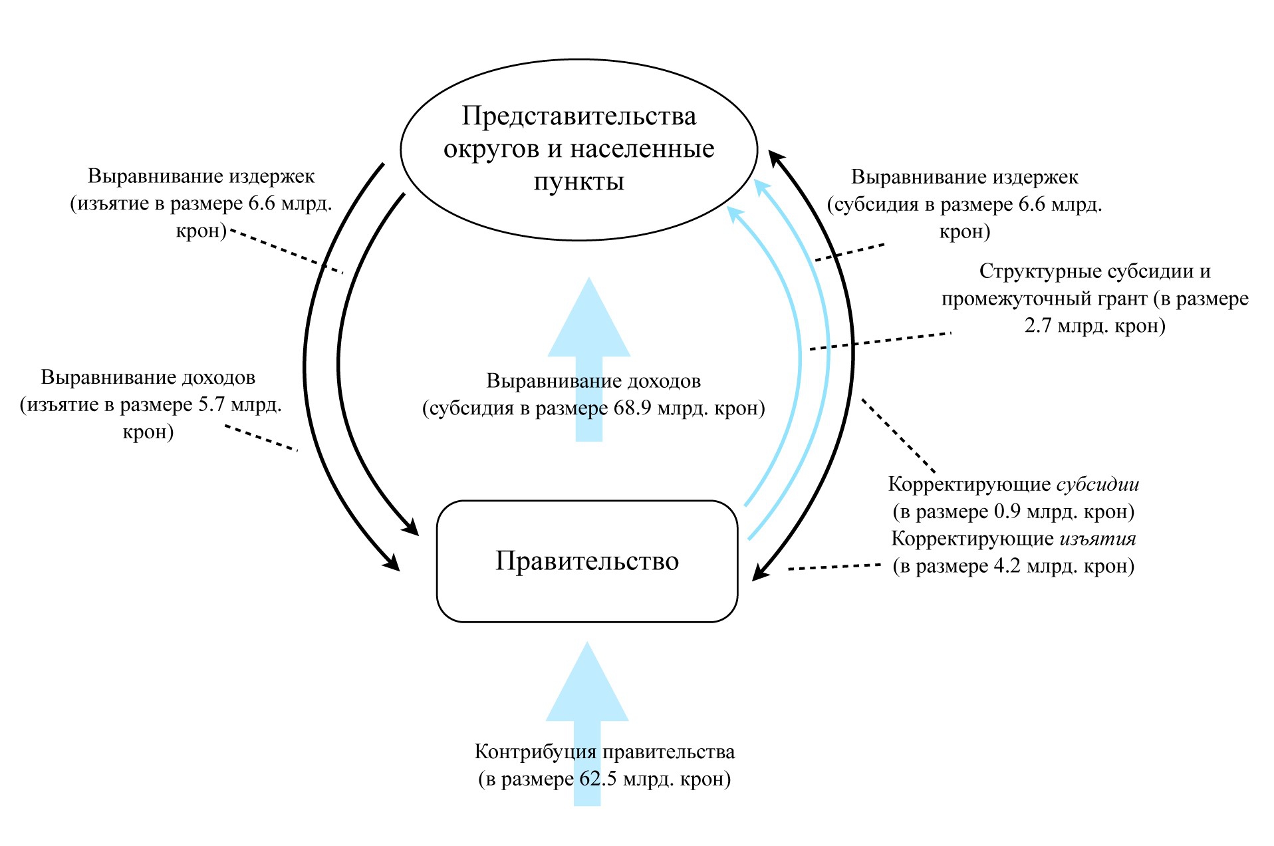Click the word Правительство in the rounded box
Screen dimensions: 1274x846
pyautogui.click(x=587, y=561)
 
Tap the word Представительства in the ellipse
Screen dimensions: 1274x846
pyautogui.click(x=579, y=116)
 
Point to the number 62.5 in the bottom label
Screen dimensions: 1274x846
pyautogui.click(x=598, y=778)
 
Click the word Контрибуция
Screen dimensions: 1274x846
pyautogui.click(x=535, y=752)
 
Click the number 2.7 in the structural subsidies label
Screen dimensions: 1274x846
pyautogui.click(x=1037, y=326)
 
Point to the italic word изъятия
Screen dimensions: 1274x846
pyautogui.click(x=1098, y=538)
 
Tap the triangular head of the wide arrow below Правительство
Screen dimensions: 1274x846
pyautogui.click(x=587, y=682)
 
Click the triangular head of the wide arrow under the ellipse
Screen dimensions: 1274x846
pyautogui.click(x=589, y=317)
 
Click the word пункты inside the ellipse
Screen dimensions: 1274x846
pyautogui.click(x=579, y=182)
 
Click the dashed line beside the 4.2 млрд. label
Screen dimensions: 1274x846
pyautogui.click(x=834, y=567)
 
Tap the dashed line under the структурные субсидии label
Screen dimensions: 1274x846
pyautogui.click(x=880, y=341)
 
